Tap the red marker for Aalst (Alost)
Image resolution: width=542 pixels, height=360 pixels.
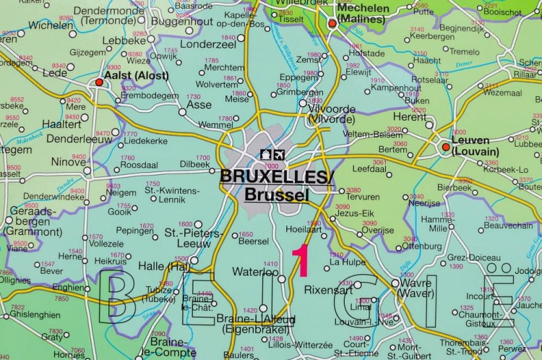coord(99,83)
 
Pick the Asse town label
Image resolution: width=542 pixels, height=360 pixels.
coord(199,104)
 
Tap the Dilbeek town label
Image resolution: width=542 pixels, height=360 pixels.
coord(195,163)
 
